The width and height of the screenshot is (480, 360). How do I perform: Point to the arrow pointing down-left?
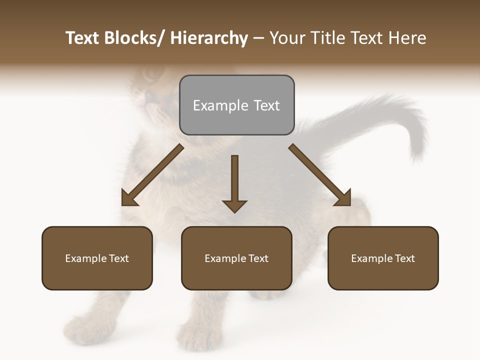coord(152,175)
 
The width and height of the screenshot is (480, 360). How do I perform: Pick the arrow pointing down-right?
coord(320,175)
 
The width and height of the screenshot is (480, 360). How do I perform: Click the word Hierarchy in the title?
coord(209,38)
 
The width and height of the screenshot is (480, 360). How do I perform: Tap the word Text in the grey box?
coord(266,105)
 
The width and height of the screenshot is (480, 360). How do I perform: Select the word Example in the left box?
coord(86,258)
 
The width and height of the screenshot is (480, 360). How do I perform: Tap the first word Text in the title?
coord(82,38)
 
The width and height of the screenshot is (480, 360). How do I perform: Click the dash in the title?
coord(258,38)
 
